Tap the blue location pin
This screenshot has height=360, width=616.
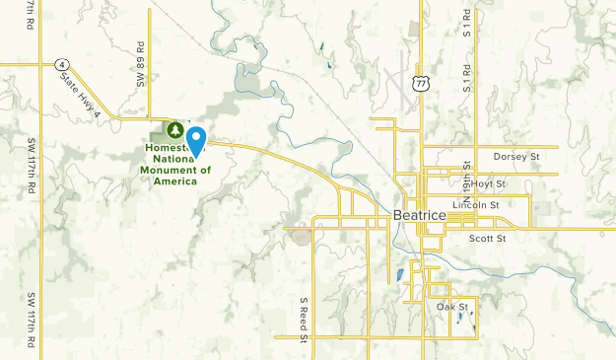coord(196,141)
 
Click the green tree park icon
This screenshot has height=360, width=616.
coord(175,129)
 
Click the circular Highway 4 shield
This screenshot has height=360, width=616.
coord(60,64)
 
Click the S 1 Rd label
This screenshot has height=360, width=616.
coord(466,75)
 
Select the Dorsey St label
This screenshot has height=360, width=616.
coord(517,156)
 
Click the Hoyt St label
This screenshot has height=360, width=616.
coord(487,183)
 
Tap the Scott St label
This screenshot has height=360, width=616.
coord(487,238)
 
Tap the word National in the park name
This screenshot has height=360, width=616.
coord(167,159)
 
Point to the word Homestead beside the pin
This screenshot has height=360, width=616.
coord(164,148)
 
